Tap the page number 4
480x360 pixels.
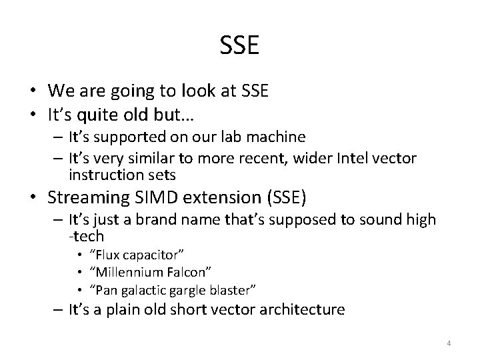tap(449, 343)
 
